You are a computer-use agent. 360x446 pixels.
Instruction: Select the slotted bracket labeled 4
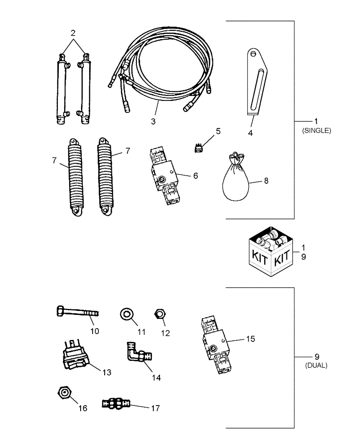tap(255, 83)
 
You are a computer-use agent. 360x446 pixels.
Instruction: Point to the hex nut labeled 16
tap(65, 392)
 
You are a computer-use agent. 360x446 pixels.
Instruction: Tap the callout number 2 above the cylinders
tap(73, 33)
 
